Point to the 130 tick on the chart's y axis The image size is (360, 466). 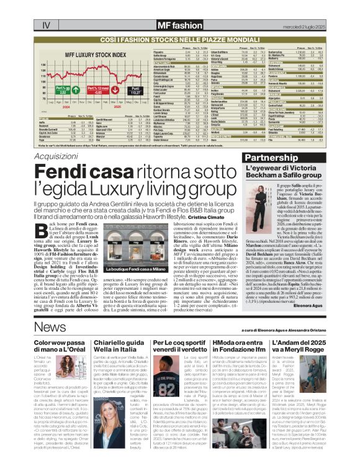44,65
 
